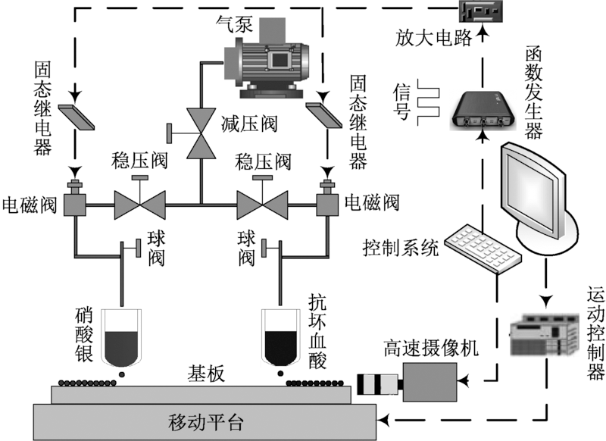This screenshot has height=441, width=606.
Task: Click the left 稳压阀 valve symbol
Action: pyautogui.click(x=139, y=202)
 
